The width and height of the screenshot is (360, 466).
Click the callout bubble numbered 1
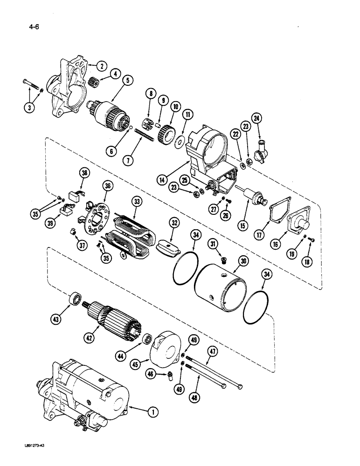[x=151, y=411]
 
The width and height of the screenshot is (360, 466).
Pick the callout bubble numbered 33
[x=137, y=203]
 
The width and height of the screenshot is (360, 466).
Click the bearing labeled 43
[x=74, y=299]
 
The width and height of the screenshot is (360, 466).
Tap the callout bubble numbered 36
[x=109, y=185]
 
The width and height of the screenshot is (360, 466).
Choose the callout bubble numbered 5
[x=126, y=81]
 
